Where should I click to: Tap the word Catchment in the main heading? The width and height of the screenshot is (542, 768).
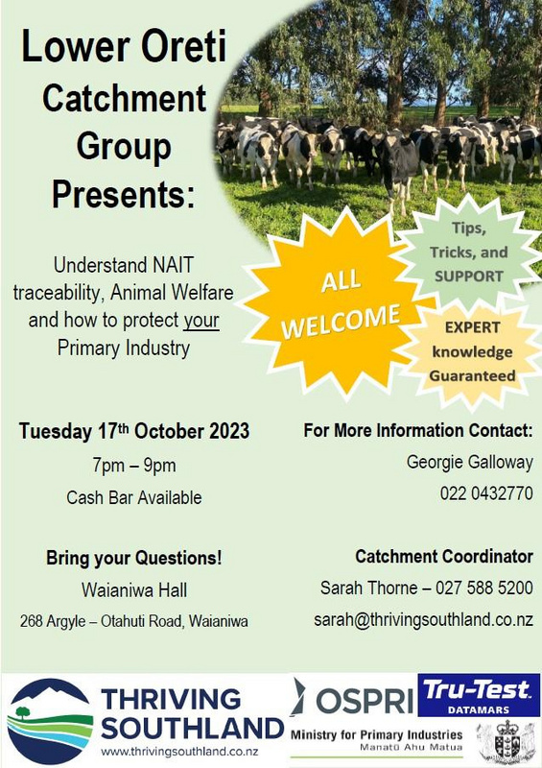[x=124, y=98]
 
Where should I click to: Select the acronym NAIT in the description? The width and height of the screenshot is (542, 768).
[x=174, y=265]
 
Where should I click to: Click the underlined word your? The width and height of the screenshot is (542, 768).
[x=200, y=321]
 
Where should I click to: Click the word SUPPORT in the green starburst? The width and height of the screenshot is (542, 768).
[x=468, y=276]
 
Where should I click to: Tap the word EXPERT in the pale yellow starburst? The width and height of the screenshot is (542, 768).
[x=472, y=327]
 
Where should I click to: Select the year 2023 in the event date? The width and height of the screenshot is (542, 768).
[x=229, y=431]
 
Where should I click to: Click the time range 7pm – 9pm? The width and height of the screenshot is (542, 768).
[x=134, y=465]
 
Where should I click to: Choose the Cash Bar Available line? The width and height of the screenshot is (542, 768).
[x=134, y=497]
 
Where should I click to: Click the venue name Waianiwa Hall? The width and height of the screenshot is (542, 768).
[x=134, y=589]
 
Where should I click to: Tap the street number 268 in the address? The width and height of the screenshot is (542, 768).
[x=32, y=621]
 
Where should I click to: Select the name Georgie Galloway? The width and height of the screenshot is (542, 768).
[x=469, y=462]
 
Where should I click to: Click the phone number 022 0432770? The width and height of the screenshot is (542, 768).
[x=486, y=493]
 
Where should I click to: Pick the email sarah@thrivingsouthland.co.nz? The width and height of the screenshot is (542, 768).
[x=423, y=619]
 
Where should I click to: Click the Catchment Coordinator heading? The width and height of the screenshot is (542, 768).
[x=444, y=557]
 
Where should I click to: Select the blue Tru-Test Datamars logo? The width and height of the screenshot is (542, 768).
[x=479, y=694]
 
